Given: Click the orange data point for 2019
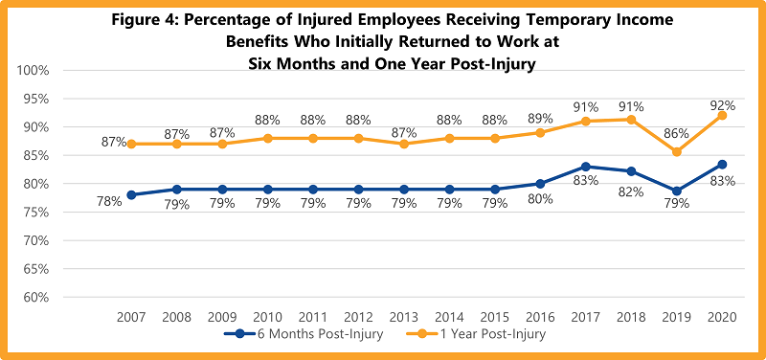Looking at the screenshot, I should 677,151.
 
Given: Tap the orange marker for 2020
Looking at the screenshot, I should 722,115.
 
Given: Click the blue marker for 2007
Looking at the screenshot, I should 131,194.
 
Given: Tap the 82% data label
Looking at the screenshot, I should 630,191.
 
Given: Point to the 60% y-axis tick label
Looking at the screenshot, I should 34,297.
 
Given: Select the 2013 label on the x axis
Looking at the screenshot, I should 402,315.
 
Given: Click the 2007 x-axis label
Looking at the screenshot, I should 131,315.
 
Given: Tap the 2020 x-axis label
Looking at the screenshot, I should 720,315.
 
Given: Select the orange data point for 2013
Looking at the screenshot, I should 402,144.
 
